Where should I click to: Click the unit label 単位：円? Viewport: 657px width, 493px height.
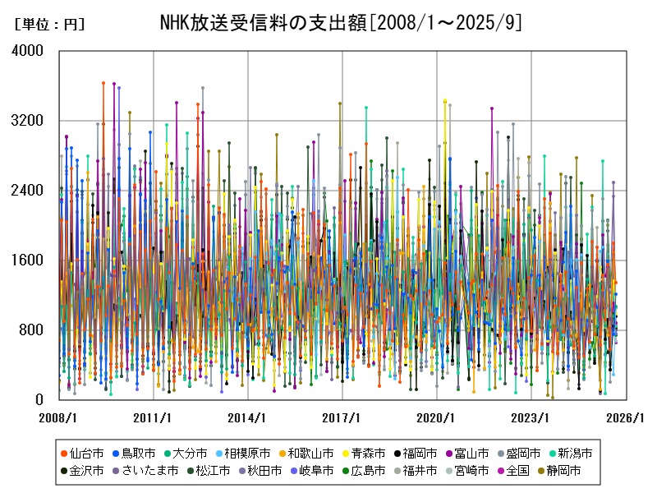tap(50, 25)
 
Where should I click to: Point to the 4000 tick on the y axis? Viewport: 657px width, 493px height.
tap(29, 51)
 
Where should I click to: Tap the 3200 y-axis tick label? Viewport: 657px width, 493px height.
tap(29, 121)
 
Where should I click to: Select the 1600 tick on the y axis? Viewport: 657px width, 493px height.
tap(29, 260)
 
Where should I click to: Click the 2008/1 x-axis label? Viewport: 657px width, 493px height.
tap(58, 417)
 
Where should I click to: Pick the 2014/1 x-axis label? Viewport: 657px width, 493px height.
tap(248, 417)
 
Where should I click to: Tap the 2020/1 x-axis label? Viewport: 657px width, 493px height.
tap(437, 417)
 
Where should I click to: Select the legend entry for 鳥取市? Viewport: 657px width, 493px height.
tap(136, 453)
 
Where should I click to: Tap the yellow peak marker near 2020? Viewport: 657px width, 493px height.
tap(445, 101)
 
